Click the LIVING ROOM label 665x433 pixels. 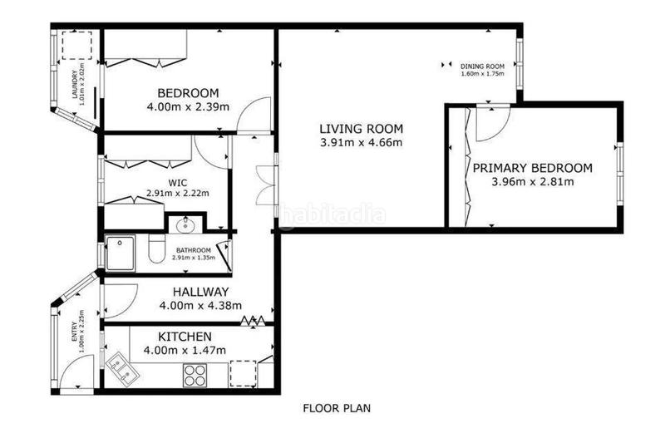coord(361,129)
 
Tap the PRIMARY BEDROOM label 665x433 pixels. coord(532,168)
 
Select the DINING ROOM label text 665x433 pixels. coord(483,66)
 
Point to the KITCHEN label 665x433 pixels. coord(184,337)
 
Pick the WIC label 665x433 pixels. coord(176,183)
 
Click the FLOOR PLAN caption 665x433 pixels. coord(336,409)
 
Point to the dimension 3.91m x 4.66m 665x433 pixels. coord(361,143)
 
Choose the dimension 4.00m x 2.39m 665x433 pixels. coord(188,106)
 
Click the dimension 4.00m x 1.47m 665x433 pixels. coord(184,351)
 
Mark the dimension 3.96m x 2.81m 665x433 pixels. coord(532,182)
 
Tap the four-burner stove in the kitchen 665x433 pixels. coord(195,376)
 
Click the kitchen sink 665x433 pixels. coord(126,369)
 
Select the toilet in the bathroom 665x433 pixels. coord(154,251)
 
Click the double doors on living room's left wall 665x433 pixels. coord(265,185)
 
